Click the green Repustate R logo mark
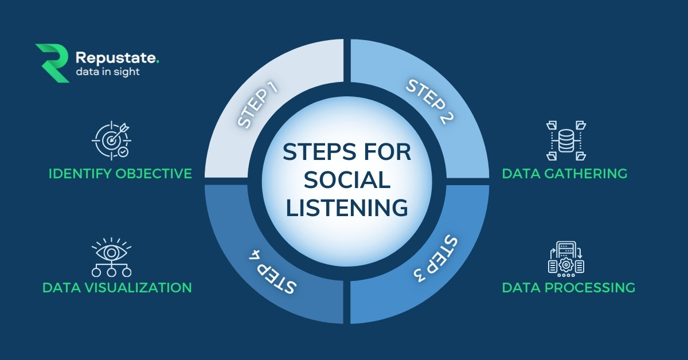click(x=52, y=63)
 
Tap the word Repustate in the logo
click(x=115, y=58)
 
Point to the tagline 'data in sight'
click(x=108, y=72)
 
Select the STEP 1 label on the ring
click(x=258, y=105)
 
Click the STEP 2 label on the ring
click(x=429, y=101)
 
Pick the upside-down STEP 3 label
click(x=435, y=258)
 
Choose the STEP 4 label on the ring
click(x=272, y=272)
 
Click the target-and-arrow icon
click(x=111, y=140)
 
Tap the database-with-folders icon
click(x=566, y=140)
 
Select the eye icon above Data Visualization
click(x=111, y=257)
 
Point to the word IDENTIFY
click(x=80, y=174)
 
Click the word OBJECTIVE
click(x=154, y=174)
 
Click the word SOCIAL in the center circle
click(x=347, y=180)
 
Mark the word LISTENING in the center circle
click(x=347, y=208)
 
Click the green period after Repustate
click(x=158, y=62)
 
